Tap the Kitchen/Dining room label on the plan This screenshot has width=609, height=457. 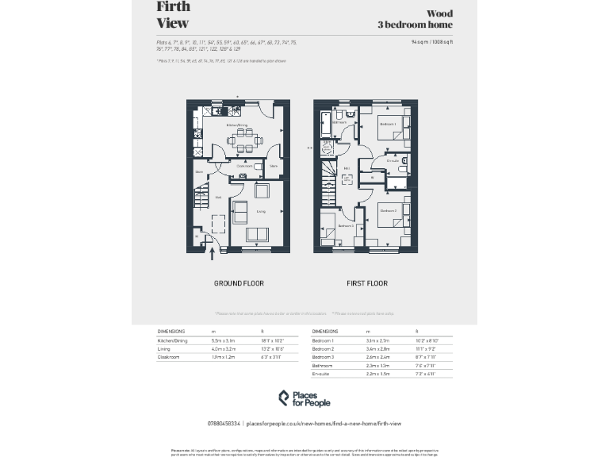click(237, 125)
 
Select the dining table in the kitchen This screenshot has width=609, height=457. click(243, 144)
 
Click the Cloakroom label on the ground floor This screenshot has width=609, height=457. click(245, 167)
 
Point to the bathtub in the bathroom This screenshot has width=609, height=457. click(324, 125)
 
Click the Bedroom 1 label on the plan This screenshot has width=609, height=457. click(387, 125)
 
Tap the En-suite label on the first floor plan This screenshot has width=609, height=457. click(392, 161)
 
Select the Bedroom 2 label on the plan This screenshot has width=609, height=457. click(388, 210)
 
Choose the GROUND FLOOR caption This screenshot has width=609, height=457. click(238, 283)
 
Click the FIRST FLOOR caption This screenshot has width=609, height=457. click(366, 283)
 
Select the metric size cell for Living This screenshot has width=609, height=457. click(220, 349)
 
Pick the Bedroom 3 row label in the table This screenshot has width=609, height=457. click(323, 358)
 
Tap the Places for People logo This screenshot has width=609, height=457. click(304, 398)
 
